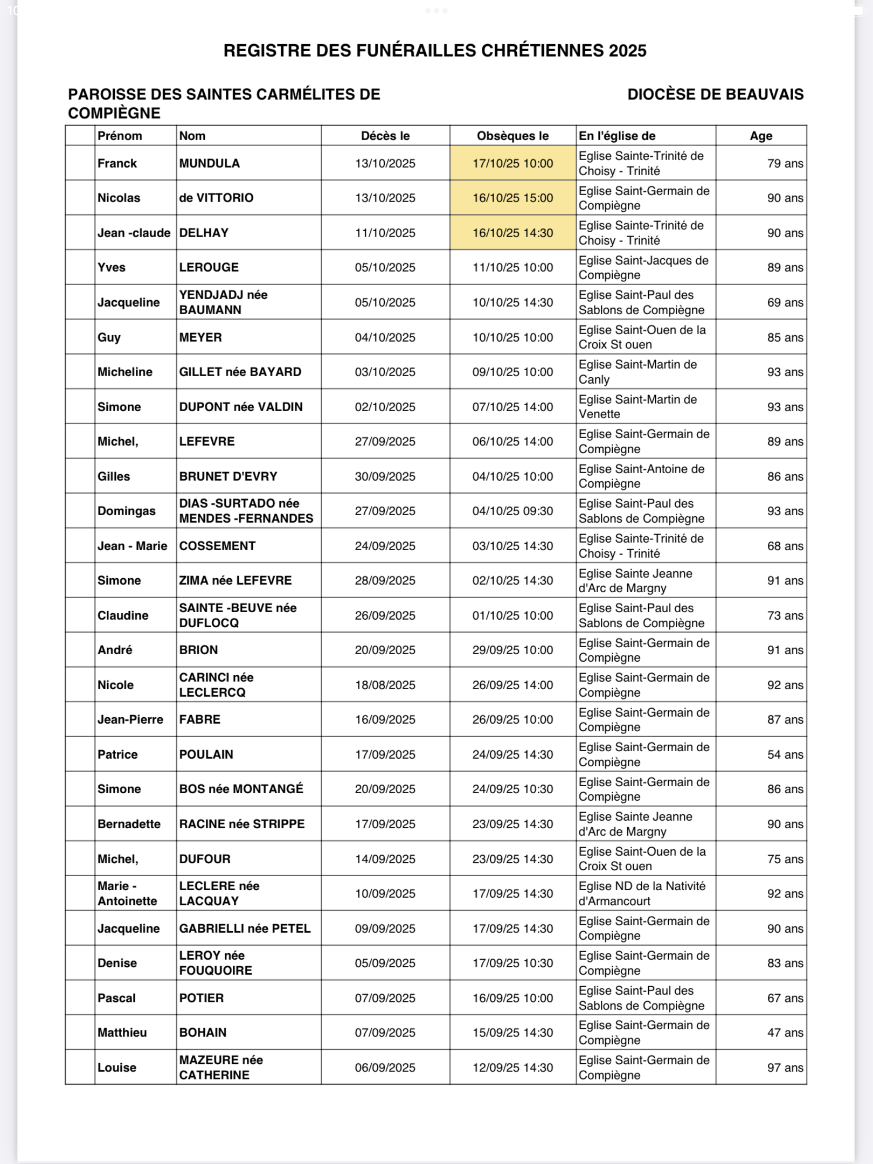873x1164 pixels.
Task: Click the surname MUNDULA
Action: tap(209, 163)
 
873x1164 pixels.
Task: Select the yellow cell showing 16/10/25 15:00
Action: tap(512, 198)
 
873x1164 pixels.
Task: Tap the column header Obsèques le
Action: tap(512, 136)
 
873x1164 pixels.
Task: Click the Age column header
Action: tap(760, 136)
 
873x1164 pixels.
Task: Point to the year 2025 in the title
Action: tap(627, 51)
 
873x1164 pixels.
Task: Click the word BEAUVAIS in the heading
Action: tap(765, 94)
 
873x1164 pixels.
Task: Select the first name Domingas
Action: tap(126, 511)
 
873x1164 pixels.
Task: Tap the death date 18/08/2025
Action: tap(385, 685)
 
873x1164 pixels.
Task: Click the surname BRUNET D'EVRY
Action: tap(228, 476)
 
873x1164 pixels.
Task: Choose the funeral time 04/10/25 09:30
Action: tap(512, 511)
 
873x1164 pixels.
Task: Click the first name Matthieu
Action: tap(122, 1033)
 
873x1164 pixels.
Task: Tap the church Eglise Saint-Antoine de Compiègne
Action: tap(641, 476)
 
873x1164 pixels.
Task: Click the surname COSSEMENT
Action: tap(217, 546)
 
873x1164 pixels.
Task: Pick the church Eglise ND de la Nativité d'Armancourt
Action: tap(642, 893)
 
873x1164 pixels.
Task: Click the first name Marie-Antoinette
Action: tap(127, 893)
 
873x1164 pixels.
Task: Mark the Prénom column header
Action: tap(120, 136)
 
